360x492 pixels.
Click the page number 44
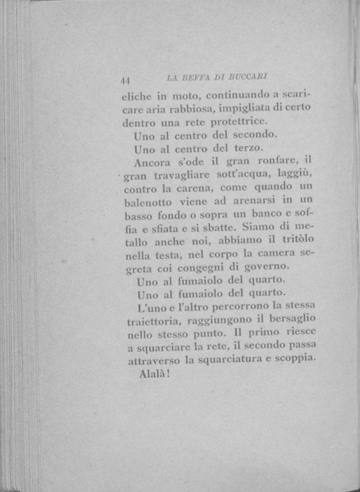click(126, 81)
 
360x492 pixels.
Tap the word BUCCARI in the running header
click(249, 77)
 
